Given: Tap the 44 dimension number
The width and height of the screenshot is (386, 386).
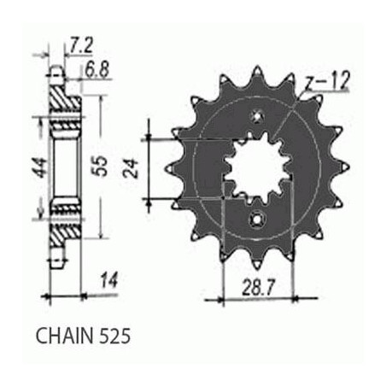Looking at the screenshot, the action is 39,168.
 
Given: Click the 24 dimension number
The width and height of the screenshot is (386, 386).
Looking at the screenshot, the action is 132,169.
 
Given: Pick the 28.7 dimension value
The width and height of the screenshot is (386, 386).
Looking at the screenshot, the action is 259,288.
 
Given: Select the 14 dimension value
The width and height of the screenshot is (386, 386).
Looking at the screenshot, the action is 108,280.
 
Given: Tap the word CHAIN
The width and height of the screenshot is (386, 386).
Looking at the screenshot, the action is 65,336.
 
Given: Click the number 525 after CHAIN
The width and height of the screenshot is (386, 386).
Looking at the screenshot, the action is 115,336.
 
